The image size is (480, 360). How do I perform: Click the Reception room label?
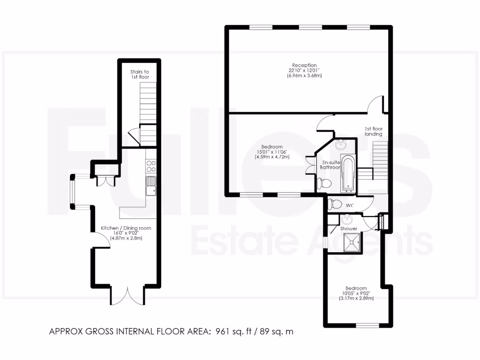tap(305, 65)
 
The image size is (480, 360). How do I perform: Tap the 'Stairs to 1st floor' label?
tap(140, 74)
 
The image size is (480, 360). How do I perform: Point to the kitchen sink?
tap(151, 187)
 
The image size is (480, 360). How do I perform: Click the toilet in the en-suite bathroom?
tap(323, 182)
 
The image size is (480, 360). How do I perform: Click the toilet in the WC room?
tap(335, 204)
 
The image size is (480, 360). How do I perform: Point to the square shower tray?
tap(351, 242)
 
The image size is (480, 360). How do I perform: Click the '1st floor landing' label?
tap(374, 131)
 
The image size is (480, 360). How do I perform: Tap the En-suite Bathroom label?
tap(330, 164)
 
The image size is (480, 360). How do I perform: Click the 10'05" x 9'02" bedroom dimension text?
tap(356, 293)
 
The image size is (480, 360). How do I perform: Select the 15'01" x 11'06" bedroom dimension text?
tap(272, 151)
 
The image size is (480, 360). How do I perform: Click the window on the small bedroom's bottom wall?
tap(367, 325)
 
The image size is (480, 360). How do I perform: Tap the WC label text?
tap(349, 205)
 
